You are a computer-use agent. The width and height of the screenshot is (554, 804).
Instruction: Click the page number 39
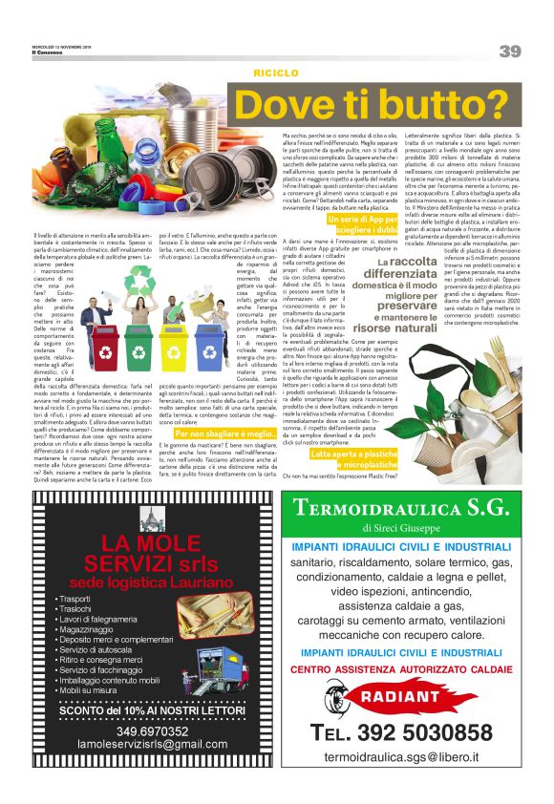pyautogui.click(x=509, y=51)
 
